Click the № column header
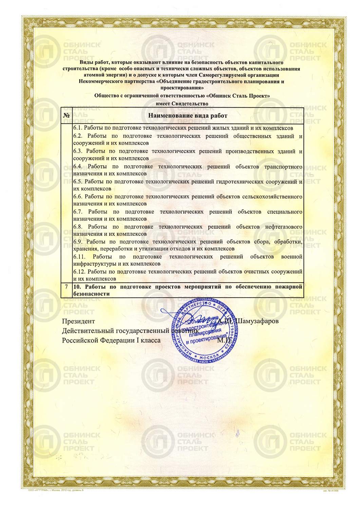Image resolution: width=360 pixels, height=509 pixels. [x=67, y=116]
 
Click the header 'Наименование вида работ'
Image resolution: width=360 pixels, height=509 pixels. [x=188, y=116]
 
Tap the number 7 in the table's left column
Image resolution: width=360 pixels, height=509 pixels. [x=67, y=287]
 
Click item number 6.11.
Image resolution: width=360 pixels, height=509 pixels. [x=79, y=257]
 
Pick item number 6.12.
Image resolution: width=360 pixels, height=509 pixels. [x=79, y=272]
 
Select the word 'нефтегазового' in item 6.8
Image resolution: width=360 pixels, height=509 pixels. [x=284, y=227]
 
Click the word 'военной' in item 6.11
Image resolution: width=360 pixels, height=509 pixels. [x=291, y=257]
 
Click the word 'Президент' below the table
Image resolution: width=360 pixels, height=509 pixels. [x=78, y=321]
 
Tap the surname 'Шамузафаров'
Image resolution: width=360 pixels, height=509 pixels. [x=257, y=321]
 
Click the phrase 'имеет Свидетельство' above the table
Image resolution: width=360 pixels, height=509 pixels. [x=182, y=103]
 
